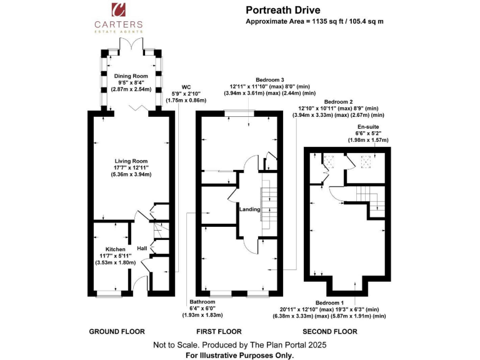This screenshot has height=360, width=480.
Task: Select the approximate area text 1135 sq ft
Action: [314, 21]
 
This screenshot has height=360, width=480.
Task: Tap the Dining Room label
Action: [131, 76]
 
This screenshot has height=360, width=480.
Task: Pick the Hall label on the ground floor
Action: [141, 249]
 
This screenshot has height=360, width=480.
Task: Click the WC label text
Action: [186, 87]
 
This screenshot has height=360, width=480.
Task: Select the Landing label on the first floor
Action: [249, 209]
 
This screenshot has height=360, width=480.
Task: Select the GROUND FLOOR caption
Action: [117, 331]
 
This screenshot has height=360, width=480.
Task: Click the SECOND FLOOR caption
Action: [330, 331]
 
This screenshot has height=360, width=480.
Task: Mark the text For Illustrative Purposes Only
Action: [240, 354]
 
